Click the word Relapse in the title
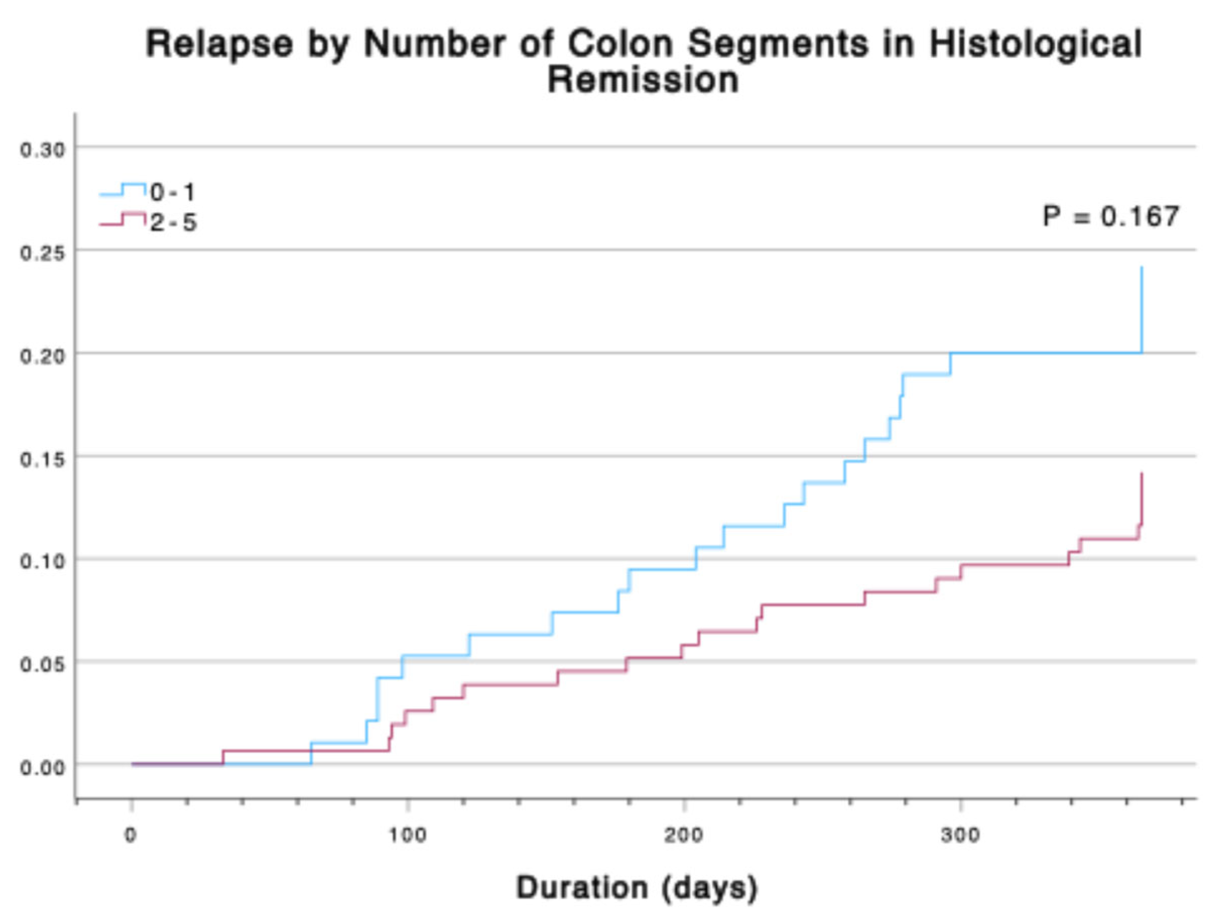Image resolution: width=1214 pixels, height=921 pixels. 219,44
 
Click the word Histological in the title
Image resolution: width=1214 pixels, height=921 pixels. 1035,44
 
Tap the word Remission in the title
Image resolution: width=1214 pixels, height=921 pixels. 643,80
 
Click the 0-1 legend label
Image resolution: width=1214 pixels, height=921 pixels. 172,192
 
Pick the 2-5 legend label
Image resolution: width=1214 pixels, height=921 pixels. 173,223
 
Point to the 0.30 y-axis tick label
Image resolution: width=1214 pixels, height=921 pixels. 42,150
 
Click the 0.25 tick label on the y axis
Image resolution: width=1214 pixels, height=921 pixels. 42,253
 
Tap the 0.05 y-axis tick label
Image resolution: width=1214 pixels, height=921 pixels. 42,665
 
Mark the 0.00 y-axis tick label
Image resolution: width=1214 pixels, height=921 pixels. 42,768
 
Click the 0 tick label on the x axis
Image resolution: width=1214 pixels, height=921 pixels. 130,835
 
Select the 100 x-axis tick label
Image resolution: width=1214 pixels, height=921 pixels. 407,835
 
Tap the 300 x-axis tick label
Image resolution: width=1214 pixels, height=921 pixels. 961,835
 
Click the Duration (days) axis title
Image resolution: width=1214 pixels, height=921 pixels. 637,888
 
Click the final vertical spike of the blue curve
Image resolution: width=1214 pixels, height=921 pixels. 1141,311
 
